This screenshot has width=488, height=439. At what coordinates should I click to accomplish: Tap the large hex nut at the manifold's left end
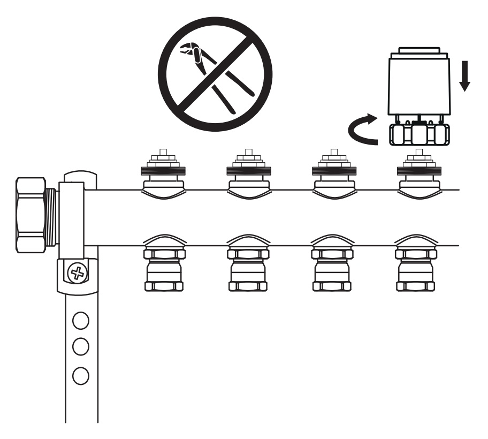tap(31, 214)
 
